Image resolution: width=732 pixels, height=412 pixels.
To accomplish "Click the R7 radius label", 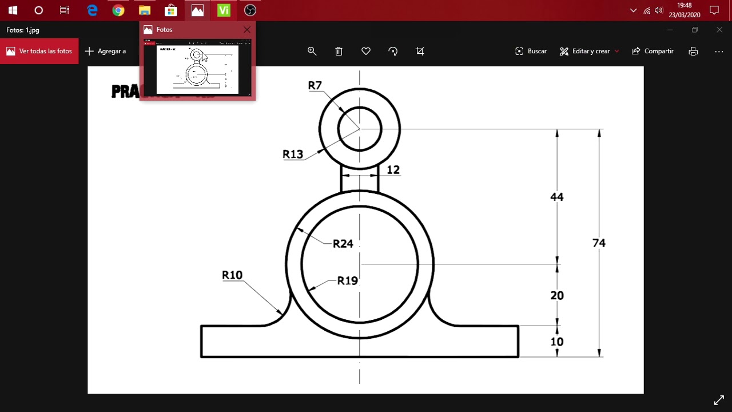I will pos(315,86).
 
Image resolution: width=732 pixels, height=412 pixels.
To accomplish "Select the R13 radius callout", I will pos(293,154).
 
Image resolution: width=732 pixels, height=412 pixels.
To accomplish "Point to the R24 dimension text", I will pos(343,244).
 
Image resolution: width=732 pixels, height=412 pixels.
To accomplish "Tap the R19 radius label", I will pos(347,281).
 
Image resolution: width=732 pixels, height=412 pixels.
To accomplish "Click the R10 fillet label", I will pos(232,275).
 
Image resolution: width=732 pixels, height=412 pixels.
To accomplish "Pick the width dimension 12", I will pos(393,170).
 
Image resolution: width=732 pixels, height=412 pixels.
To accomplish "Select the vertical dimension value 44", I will pos(556,197).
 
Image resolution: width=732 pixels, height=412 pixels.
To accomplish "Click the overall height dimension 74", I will pos(598,243).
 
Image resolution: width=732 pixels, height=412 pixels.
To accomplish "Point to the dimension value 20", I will pos(556,296).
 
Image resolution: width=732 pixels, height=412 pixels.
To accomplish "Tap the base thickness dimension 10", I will pos(556,342).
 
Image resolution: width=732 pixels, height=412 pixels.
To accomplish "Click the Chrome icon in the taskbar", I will pos(118,10).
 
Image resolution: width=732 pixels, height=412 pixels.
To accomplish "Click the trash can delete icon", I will pos(339,51).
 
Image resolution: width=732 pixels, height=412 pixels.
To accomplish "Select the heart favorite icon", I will pos(366,51).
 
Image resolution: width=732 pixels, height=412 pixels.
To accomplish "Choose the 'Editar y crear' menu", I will pos(589,51).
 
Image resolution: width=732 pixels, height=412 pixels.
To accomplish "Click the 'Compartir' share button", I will pos(653,51).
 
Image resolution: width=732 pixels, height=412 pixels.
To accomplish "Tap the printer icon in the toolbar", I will pos(693,51).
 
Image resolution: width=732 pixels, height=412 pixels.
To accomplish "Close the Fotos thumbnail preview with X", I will pos(246,30).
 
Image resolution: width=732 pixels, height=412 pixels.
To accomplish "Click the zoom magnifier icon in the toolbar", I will pos(312,51).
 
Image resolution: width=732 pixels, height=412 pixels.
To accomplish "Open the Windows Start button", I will pos(13,10).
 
